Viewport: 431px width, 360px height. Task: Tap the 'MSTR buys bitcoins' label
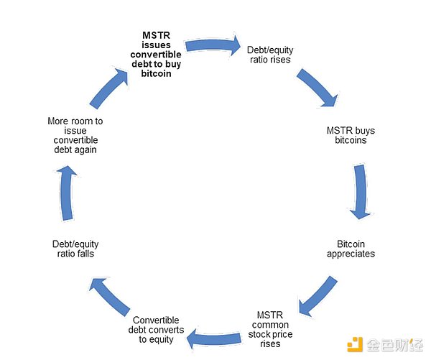tap(351, 136)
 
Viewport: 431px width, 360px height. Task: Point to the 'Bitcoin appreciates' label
tap(351, 249)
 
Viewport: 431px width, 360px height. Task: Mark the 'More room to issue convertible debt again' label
tap(75, 136)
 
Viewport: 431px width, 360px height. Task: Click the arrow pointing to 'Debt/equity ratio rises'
tap(213, 45)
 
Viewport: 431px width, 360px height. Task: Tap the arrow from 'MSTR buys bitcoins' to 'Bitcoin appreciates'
tap(361, 190)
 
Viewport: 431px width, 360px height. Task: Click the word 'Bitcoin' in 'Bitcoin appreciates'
tap(351, 244)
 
